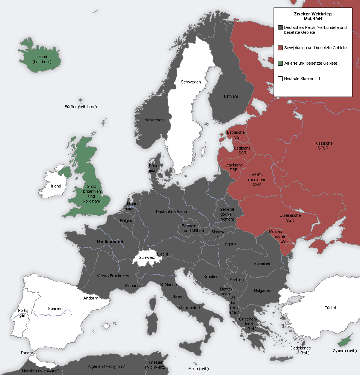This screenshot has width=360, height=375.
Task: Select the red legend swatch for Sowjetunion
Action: pos(280,48)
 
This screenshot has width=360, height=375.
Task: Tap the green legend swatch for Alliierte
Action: pos(280,63)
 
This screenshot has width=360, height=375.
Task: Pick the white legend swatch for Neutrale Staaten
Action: pos(280,79)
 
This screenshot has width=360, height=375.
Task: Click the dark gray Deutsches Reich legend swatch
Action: pos(280,28)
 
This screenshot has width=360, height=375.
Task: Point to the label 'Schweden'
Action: pos(191,82)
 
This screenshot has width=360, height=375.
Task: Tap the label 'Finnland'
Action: pos(231,96)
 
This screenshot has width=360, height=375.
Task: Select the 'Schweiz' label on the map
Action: pos(147,257)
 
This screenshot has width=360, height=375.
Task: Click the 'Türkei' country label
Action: pos(330,308)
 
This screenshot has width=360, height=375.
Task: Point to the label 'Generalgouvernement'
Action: pos(227,214)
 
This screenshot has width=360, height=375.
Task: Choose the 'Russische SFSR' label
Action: pos(323,146)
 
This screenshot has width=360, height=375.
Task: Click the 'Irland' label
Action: pos(56,186)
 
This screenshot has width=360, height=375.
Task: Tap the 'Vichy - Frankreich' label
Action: pos(113,276)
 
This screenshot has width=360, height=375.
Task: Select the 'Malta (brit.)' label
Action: pos(198,369)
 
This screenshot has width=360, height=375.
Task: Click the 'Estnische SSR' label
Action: pos(236,135)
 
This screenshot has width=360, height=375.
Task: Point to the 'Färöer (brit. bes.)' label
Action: pos(81,107)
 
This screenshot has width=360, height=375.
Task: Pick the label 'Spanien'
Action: pos(55,308)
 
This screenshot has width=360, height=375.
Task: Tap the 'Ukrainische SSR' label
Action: pos(290,218)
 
